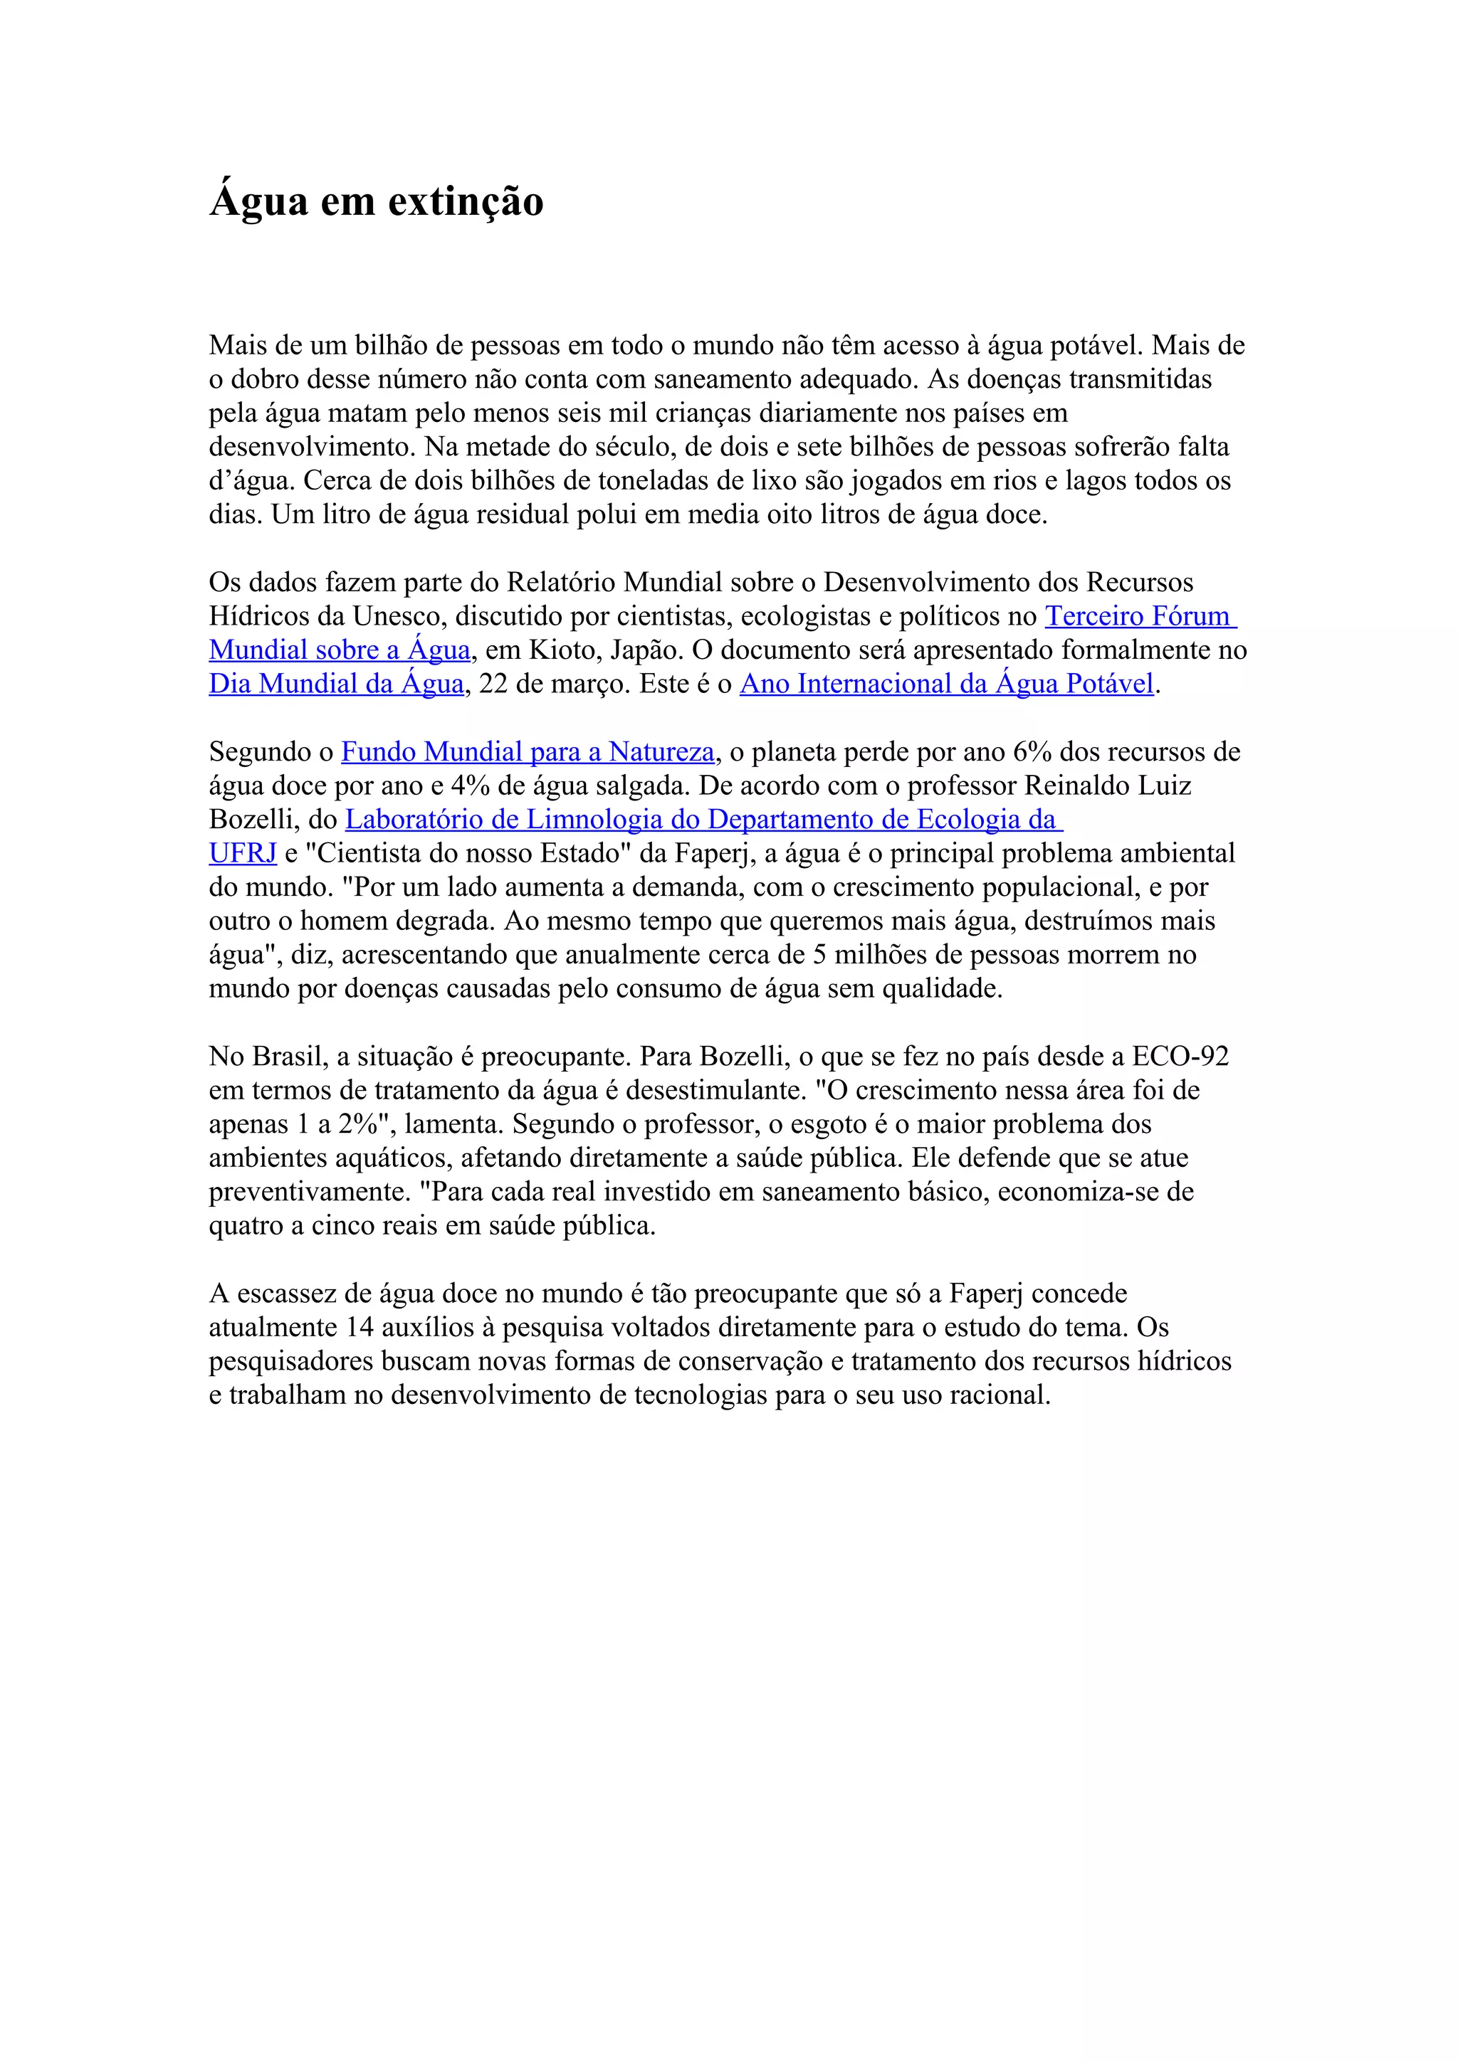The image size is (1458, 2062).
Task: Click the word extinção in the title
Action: [466, 201]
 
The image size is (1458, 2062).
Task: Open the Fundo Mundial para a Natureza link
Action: [528, 751]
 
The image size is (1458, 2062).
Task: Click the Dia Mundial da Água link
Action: [336, 684]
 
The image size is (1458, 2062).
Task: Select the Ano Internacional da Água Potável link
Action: [946, 684]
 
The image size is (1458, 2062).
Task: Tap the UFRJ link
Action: [243, 853]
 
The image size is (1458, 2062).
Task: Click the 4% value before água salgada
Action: [469, 786]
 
